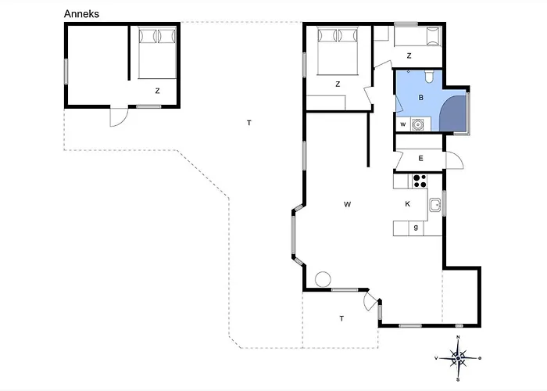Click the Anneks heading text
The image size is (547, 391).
[x=81, y=14]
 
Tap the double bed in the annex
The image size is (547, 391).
[x=157, y=52]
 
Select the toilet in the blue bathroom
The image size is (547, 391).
[x=429, y=77]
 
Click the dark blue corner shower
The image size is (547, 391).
[x=453, y=114]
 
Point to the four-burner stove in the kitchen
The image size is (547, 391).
[x=420, y=181]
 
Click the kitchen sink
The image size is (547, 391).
[x=435, y=205]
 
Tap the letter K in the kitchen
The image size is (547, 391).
[x=407, y=204]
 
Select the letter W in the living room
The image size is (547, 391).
[x=347, y=205]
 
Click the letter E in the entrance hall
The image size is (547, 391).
[x=420, y=159]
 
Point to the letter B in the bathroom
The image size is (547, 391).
[x=420, y=98]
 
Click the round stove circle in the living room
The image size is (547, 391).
[x=323, y=279]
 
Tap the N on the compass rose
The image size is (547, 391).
[x=458, y=337]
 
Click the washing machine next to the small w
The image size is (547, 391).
[x=417, y=124]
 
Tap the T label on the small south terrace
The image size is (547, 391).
[x=341, y=318]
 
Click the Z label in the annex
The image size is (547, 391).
[x=157, y=91]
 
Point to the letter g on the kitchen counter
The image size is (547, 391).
[x=416, y=228]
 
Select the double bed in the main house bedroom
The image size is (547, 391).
[x=338, y=52]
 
